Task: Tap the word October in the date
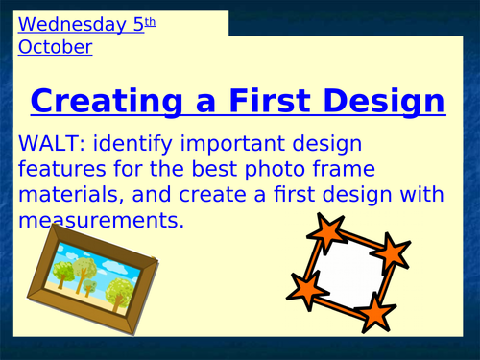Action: [55, 46]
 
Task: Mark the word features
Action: [66, 170]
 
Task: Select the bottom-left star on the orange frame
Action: [306, 286]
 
